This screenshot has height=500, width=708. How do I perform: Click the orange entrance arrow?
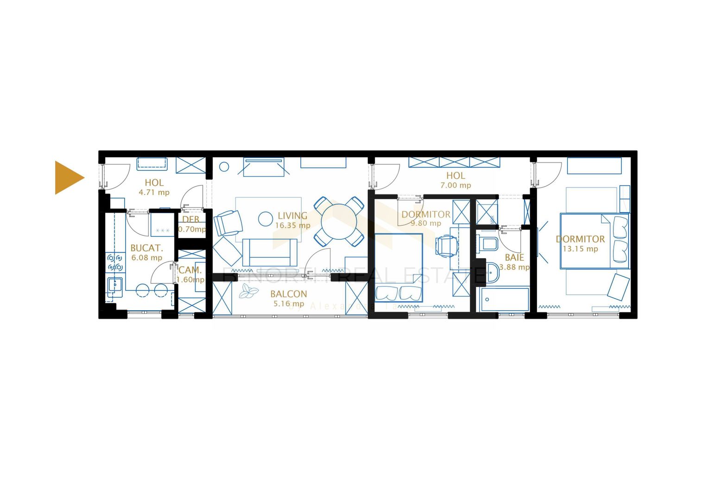coord(68,178)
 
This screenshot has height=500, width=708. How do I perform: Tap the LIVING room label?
coord(292,216)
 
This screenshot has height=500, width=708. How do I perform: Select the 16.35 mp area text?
coord(292,225)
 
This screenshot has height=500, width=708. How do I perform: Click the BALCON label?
coord(289,294)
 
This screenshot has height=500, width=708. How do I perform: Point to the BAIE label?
coord(514,257)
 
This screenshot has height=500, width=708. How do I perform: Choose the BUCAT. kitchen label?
coord(146,248)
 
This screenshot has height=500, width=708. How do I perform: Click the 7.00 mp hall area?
coord(455,185)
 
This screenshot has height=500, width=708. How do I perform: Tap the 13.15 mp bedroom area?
coord(580,249)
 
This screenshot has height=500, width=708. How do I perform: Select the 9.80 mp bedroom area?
coord(426,223)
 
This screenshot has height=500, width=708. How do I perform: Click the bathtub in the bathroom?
coord(505,300)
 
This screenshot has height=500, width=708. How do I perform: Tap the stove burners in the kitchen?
coord(115,262)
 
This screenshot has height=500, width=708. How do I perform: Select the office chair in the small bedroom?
coord(446,245)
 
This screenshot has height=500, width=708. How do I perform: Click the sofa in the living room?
coord(269,252)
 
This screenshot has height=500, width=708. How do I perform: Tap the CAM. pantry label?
coord(190,270)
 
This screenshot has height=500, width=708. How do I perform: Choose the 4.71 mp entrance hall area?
coord(154,193)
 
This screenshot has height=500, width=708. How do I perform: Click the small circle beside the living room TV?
coord(224,167)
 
